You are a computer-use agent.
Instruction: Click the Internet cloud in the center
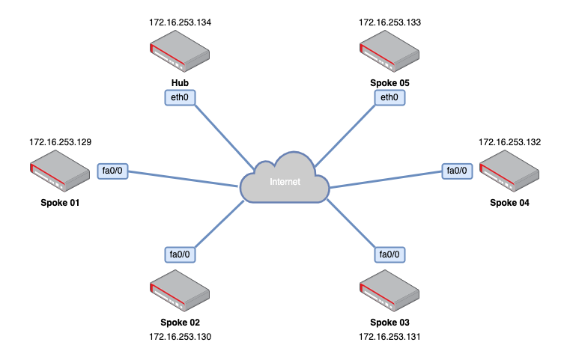285,180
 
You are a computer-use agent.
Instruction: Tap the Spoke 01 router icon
60,171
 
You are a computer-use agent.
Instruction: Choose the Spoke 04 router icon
509,171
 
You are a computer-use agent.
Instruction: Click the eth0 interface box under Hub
180,97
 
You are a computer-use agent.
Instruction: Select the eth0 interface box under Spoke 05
389,97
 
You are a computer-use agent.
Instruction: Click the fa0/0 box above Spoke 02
180,254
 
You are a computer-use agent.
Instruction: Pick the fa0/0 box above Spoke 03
389,254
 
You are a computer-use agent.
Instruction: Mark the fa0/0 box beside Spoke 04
456,171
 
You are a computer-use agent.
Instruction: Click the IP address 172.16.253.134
180,22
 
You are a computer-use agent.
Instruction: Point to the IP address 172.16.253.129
60,141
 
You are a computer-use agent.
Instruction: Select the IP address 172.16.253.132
509,141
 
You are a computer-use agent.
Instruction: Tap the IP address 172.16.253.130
180,337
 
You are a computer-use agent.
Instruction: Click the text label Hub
180,82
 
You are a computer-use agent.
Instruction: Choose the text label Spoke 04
509,202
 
